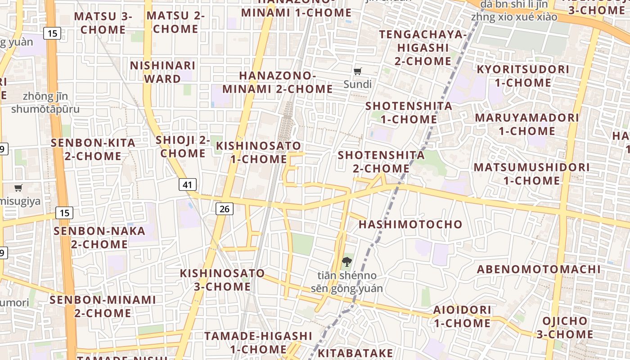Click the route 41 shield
(188, 184)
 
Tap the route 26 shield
(225, 208)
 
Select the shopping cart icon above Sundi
(358, 71)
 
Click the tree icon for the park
(346, 261)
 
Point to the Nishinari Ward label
(162, 72)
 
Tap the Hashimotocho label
(410, 224)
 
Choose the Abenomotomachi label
(539, 269)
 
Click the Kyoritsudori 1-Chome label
(523, 76)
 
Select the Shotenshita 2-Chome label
(381, 162)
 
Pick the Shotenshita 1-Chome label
(409, 112)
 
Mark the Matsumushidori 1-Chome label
(531, 174)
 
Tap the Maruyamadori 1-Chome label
(527, 124)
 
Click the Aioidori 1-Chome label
(462, 316)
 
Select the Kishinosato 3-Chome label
(222, 280)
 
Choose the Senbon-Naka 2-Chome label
(99, 238)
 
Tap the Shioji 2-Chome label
(183, 147)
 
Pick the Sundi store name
(358, 84)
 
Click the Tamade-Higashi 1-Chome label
(258, 342)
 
